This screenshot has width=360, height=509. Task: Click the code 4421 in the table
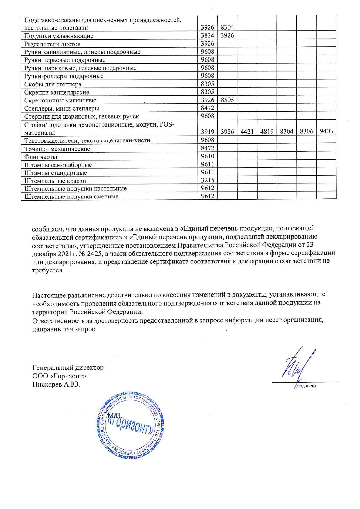247,131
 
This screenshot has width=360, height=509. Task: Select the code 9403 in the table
326,131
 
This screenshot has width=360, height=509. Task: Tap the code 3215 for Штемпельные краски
208,180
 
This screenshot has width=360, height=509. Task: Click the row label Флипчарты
41,157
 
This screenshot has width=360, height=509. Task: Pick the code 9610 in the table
208,156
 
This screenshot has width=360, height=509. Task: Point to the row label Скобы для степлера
53,84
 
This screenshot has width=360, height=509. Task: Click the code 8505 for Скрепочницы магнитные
227,100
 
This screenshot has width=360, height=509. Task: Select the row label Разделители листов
52,44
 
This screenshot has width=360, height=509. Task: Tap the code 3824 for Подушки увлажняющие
208,35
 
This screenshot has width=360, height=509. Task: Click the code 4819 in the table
267,131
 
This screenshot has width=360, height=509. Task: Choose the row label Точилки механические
57,149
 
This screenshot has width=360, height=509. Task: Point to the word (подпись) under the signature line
305,386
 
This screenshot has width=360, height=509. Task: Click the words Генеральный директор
68,368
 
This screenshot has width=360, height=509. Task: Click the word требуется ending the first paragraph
47,270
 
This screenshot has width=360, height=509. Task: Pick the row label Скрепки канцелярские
57,93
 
